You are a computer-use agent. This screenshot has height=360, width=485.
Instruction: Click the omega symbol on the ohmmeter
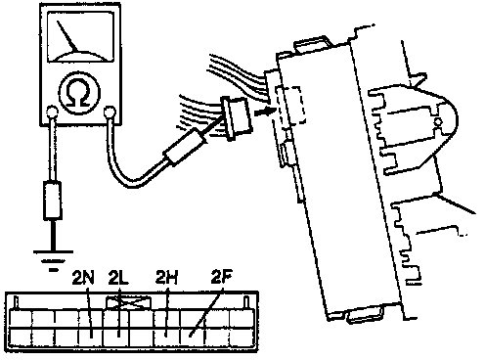pyautogui.click(x=79, y=93)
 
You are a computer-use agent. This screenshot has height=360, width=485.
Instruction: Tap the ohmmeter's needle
pyautogui.click(x=67, y=36)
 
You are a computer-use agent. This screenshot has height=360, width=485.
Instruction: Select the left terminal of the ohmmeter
pyautogui.click(x=51, y=112)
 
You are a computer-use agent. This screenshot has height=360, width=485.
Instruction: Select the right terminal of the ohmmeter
pyautogui.click(x=110, y=112)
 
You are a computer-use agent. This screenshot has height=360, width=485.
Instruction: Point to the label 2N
pyautogui.click(x=83, y=278)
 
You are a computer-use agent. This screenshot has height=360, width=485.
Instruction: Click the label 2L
pyautogui.click(x=118, y=278)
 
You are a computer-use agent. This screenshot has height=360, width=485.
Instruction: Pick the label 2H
pyautogui.click(x=167, y=278)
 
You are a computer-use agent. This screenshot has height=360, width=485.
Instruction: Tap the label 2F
pyautogui.click(x=222, y=278)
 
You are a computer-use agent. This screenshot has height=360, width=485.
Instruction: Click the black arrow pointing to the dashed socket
pyautogui.click(x=263, y=112)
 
